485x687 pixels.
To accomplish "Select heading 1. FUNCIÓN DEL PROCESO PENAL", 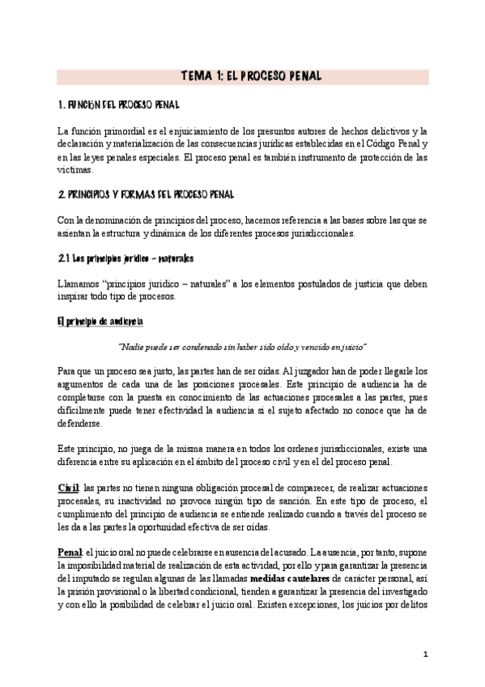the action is point(118,106).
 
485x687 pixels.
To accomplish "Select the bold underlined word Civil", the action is point(68,486).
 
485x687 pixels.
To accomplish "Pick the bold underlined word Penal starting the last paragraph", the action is point(70,552).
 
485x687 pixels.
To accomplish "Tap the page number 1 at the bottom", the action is point(424,653).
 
